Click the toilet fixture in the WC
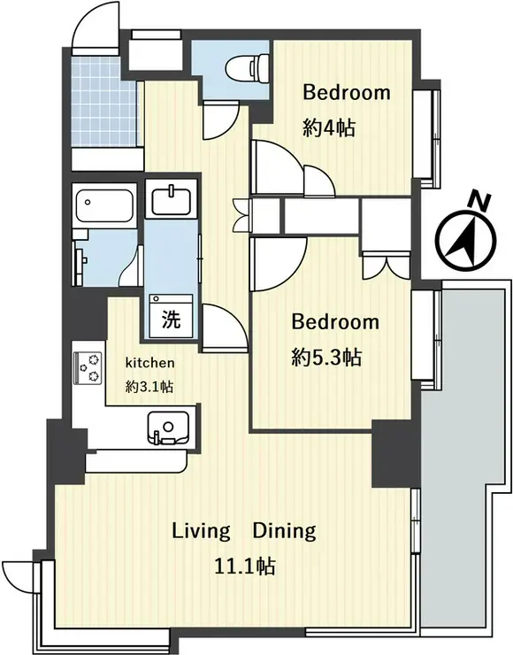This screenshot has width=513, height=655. pyautogui.click(x=247, y=67)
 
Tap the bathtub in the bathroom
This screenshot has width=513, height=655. pyautogui.click(x=104, y=206)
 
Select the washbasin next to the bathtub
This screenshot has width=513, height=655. pyautogui.click(x=171, y=201)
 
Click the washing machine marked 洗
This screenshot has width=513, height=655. pyautogui.click(x=172, y=315)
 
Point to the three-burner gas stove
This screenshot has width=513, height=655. pyautogui.click(x=88, y=367)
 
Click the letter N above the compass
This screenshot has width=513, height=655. pyautogui.click(x=479, y=201)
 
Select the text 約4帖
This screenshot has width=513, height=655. pyautogui.click(x=329, y=127)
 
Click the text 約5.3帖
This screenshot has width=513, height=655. pyautogui.click(x=326, y=358)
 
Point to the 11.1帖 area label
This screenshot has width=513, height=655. pyautogui.click(x=245, y=566)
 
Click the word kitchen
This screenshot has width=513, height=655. pyautogui.click(x=150, y=363)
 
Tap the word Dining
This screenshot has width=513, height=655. pyautogui.click(x=284, y=532)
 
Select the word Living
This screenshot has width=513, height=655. pyautogui.click(x=201, y=532)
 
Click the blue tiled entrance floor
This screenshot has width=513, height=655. pyautogui.click(x=104, y=102)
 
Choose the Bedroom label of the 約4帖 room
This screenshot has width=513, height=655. pyautogui.click(x=347, y=92)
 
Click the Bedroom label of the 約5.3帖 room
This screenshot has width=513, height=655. pyautogui.click(x=335, y=322)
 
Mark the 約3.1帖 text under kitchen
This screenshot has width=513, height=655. pyautogui.click(x=149, y=387)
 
